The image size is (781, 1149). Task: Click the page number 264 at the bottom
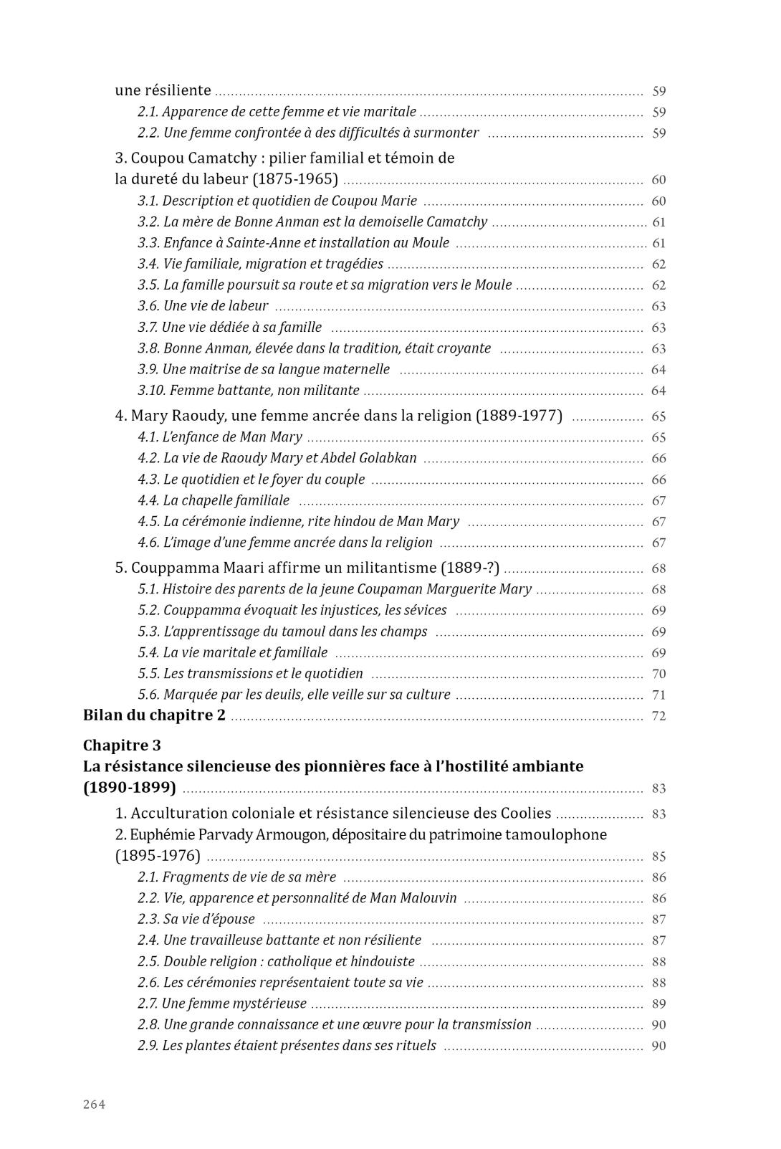[x=95, y=1105]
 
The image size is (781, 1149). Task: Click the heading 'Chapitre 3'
[x=122, y=745]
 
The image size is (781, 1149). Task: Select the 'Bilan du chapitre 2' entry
[x=154, y=715]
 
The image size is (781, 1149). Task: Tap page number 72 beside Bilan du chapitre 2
[x=658, y=716]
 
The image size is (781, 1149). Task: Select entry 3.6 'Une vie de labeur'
[x=203, y=306]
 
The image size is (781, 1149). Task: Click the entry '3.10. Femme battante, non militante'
[x=249, y=391]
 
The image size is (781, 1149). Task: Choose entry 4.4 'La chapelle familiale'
[x=214, y=500]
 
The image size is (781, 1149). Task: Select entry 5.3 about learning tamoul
[x=283, y=631]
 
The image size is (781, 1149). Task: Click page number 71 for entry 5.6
[x=658, y=695]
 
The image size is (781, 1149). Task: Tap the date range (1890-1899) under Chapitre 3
[x=130, y=788]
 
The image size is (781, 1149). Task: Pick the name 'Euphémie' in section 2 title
[x=166, y=835]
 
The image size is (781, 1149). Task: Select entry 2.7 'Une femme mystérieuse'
[x=222, y=1003]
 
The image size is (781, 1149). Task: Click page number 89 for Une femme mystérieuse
[x=658, y=1004]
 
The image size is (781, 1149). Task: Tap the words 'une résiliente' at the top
[x=163, y=90]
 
